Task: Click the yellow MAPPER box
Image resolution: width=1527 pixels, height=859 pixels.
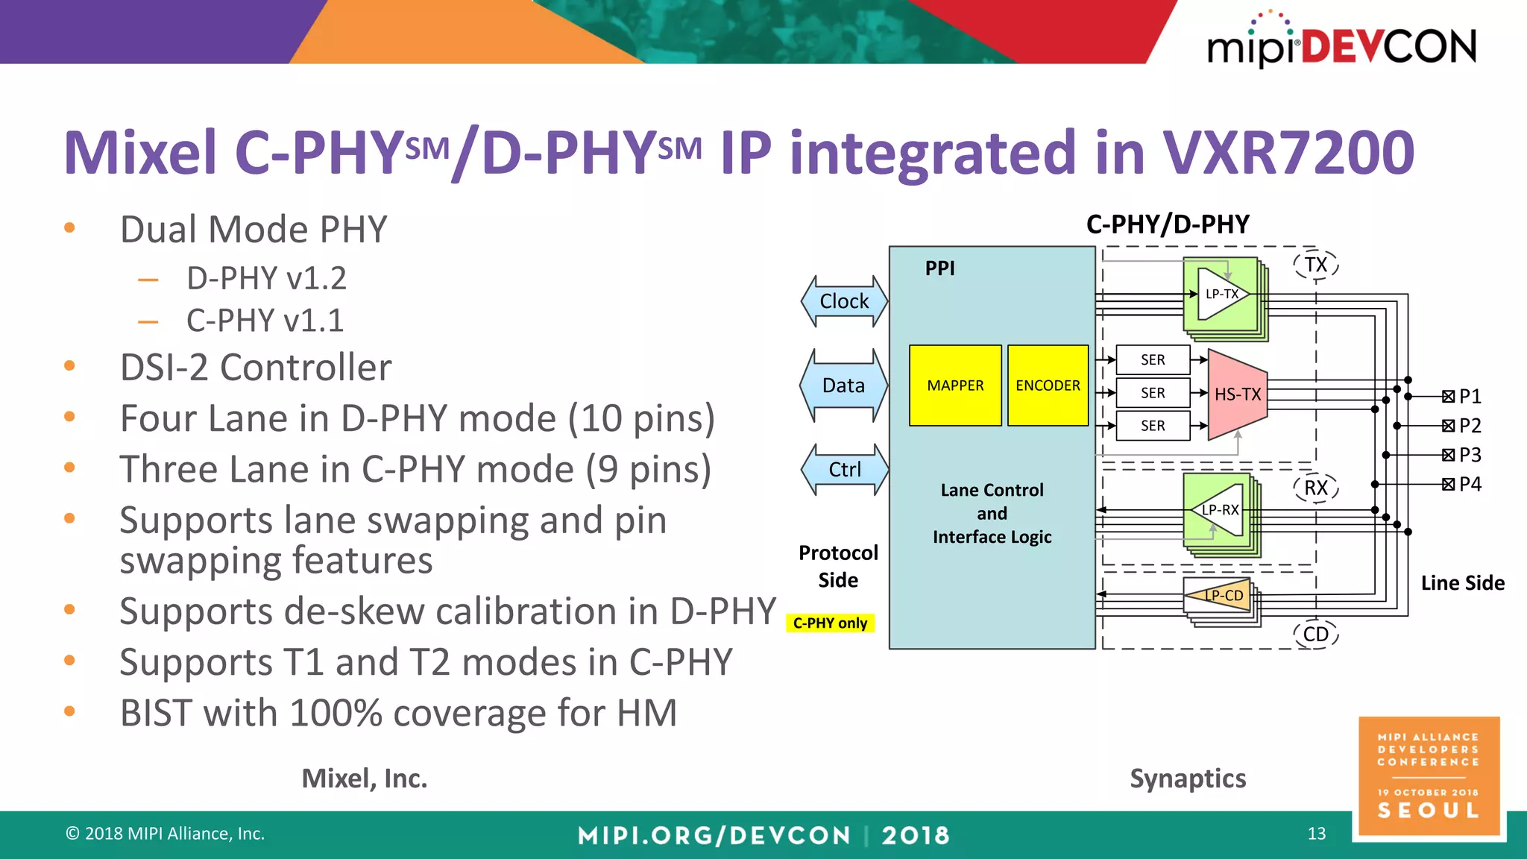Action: click(955, 386)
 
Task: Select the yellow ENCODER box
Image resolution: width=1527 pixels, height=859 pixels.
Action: click(1048, 386)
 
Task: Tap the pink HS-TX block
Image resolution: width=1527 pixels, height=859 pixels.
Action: click(1237, 394)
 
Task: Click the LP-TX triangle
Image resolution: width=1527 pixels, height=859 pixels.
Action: click(1221, 295)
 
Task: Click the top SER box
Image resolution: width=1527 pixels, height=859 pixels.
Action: click(1153, 360)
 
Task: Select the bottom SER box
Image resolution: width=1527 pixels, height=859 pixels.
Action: click(1153, 426)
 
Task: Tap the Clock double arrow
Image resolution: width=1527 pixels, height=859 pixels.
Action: click(844, 301)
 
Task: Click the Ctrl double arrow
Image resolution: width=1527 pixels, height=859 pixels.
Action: click(844, 470)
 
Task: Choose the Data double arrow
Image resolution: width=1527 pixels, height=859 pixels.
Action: click(843, 386)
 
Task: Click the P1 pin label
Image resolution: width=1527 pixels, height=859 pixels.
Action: click(1470, 396)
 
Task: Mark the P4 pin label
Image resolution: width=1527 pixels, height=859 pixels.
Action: click(1470, 485)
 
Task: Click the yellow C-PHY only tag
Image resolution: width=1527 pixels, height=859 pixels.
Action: click(830, 623)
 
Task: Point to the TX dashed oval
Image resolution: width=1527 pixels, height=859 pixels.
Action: click(1316, 265)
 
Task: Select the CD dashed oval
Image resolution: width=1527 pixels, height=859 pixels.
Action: click(1316, 635)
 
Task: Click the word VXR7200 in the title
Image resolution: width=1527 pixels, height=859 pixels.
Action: click(1288, 153)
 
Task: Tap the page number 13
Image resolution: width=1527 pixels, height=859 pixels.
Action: click(1317, 834)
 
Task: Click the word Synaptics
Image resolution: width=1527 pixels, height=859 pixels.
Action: click(1188, 778)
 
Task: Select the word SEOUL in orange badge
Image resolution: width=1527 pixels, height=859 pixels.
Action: click(1429, 811)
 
